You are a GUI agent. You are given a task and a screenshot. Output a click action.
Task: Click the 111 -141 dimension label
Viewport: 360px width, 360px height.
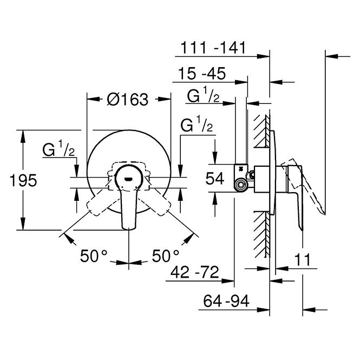[213, 48]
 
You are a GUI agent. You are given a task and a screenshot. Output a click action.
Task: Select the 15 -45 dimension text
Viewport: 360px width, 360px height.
[202, 74]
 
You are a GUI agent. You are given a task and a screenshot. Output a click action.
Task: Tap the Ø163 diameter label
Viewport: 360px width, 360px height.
[128, 100]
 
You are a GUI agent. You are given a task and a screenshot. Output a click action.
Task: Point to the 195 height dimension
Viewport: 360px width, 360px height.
[23, 180]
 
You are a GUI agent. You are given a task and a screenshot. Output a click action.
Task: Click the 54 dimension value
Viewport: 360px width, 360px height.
[215, 179]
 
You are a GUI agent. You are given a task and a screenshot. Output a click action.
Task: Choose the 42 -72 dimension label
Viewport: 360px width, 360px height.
[195, 272]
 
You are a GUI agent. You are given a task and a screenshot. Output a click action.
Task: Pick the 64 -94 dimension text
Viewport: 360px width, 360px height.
[226, 301]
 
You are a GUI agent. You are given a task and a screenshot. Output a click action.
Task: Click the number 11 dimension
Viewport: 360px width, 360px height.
[302, 259]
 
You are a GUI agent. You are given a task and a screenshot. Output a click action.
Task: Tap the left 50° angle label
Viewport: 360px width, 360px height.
[94, 256]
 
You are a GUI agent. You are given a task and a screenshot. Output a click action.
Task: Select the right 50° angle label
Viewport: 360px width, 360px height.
[165, 256]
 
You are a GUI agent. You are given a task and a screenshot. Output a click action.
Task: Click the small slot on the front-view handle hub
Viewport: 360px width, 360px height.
[128, 179]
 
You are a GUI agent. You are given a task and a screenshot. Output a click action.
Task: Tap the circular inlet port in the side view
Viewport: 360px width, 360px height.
[241, 185]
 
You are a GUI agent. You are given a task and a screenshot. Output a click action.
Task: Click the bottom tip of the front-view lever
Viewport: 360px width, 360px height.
[129, 228]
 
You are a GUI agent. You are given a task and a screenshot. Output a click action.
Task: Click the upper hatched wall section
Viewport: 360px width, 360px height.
[262, 131]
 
